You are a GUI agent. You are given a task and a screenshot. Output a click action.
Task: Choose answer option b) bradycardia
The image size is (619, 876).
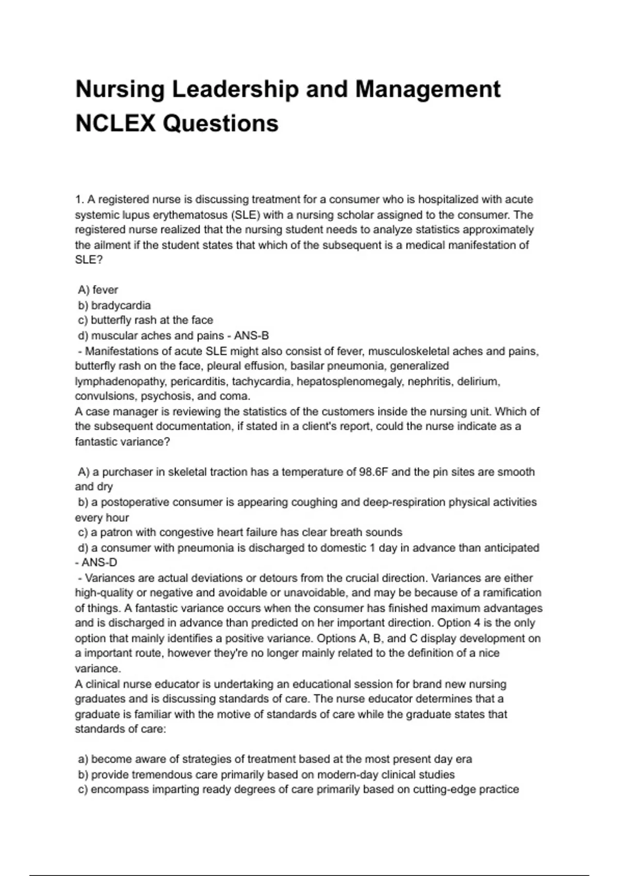pyautogui.click(x=115, y=305)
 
